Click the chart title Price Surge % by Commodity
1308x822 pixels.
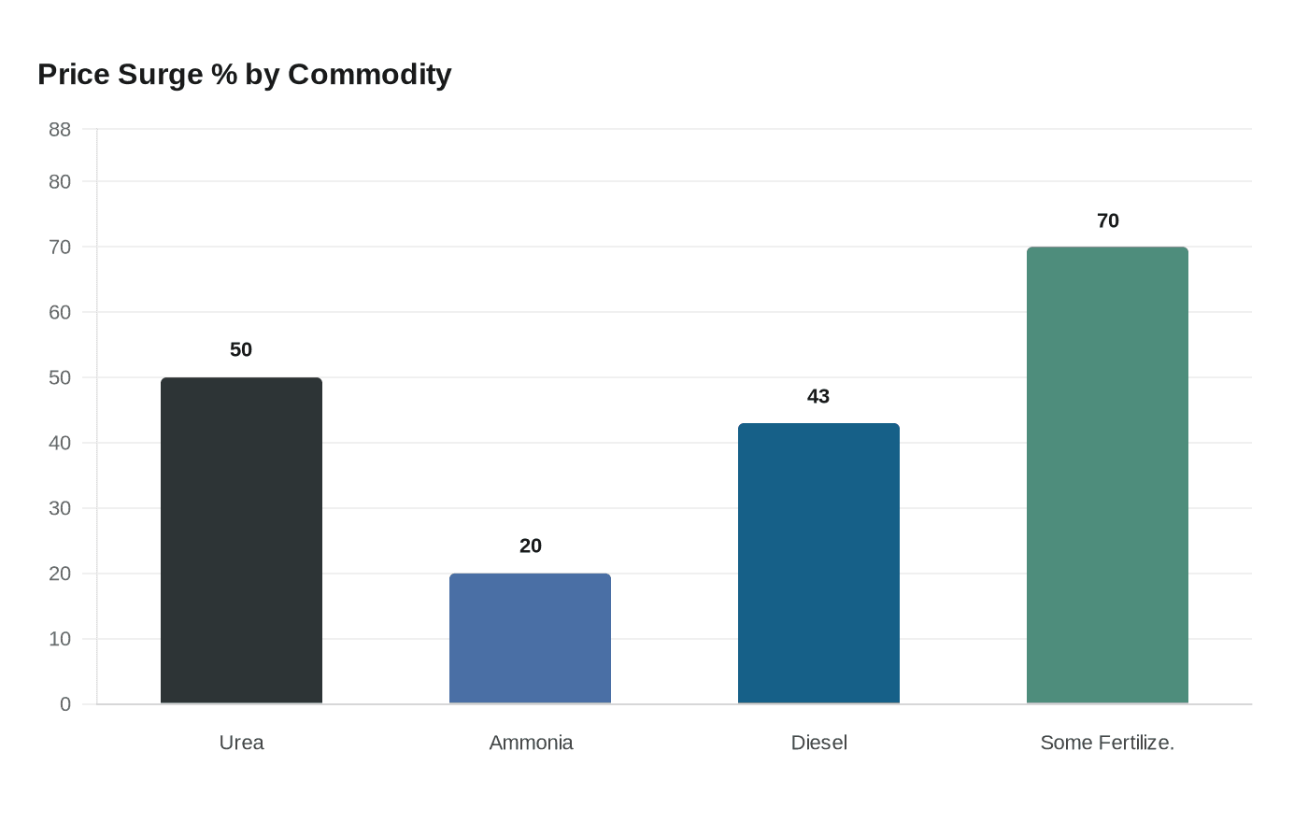tap(244, 75)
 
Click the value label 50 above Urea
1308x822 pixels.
tap(241, 349)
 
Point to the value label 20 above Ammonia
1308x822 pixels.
tap(530, 546)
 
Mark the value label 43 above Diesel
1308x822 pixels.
tap(818, 396)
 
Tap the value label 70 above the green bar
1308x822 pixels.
tap(1107, 220)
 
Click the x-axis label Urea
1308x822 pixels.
tap(241, 743)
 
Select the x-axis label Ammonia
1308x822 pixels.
tap(531, 743)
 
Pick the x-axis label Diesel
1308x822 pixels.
tap(818, 743)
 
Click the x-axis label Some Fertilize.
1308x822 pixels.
tap(1107, 743)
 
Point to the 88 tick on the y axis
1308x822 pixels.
tap(60, 130)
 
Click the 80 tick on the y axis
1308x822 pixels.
tap(60, 182)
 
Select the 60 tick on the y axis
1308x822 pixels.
tap(60, 312)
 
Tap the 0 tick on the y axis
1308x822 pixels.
tap(65, 704)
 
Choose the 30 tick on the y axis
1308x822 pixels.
tap(60, 508)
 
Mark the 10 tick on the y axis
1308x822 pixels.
tap(60, 639)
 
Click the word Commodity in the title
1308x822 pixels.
tap(369, 75)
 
